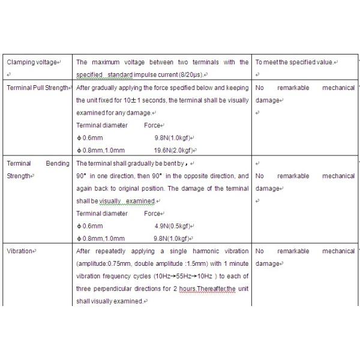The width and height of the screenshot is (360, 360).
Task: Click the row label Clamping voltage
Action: point(31,62)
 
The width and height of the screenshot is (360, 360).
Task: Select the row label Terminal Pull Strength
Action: point(37,88)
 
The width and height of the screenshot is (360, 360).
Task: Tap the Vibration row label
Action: point(21,251)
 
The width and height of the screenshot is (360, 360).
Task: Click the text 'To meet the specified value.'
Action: point(296,62)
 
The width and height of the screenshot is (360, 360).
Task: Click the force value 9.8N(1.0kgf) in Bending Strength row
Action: point(173,238)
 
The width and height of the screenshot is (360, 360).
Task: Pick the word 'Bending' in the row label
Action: point(57,163)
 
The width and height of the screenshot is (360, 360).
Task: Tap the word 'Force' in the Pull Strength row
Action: point(152,125)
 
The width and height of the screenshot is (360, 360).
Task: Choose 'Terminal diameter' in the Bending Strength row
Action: point(102,213)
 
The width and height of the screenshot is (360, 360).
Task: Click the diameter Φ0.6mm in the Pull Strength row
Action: point(89,138)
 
